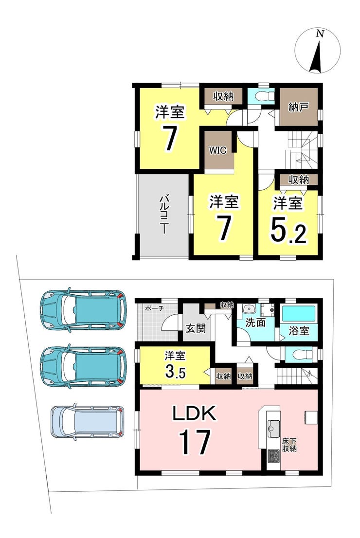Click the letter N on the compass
coord(320,34)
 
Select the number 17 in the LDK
coord(194,443)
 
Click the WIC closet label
coord(218,150)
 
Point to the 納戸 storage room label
coord(298,107)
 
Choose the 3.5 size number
coord(175,372)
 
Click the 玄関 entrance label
coord(196,328)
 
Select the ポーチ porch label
coord(154,308)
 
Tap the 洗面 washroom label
coord(255,323)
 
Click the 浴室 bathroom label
coord(299,331)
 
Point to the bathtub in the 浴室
coord(299,313)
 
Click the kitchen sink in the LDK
coord(274,429)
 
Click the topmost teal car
coord(83,310)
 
